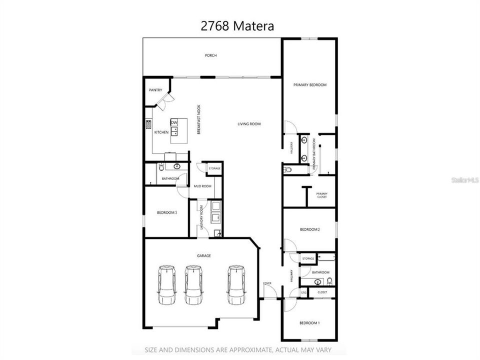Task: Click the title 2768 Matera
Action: [x=237, y=26]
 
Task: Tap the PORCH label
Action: [x=211, y=55]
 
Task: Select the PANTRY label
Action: [x=155, y=90]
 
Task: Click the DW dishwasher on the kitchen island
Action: [x=174, y=122]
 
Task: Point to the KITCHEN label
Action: [x=161, y=132]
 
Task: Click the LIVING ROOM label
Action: [x=248, y=124]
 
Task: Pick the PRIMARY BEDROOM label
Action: [x=309, y=85]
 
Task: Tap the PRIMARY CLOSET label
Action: [x=321, y=195]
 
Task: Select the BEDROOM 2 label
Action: [x=309, y=229]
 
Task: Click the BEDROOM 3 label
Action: [x=167, y=212]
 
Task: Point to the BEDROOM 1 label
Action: [x=309, y=323]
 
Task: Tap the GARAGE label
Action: [x=203, y=255]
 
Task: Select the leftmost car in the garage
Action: [x=166, y=285]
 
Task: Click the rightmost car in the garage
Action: [x=236, y=285]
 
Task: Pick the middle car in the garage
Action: [x=193, y=285]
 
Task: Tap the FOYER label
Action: [x=267, y=283]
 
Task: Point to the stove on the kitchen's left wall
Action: [x=148, y=124]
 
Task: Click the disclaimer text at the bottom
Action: [x=238, y=350]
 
